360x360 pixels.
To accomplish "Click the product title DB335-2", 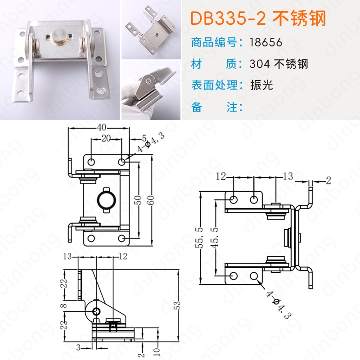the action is coord(228,18).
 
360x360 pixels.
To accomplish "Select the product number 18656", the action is coord(266,42).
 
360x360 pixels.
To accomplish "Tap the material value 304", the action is coord(260,64).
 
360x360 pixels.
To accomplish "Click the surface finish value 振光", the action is coord(261,85).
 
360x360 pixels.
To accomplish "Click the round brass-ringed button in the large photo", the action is coord(59,36).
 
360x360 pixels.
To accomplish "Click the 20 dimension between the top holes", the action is coord(106,139).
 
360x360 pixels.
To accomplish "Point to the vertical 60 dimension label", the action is coord(151,199).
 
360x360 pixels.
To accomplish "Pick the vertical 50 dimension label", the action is coord(138,200).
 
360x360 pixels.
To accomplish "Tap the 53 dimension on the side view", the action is coord(177,306).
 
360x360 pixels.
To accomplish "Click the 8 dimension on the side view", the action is coord(65,306).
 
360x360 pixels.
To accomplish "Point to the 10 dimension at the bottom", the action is coord(157,351).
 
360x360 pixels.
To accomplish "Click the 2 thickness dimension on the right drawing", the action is coord(328,181).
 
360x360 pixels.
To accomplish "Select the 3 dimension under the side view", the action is coord(78,347).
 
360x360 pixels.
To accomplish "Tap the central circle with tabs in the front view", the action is coord(107,200).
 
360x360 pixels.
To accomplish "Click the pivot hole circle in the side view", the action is coord(96,311).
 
